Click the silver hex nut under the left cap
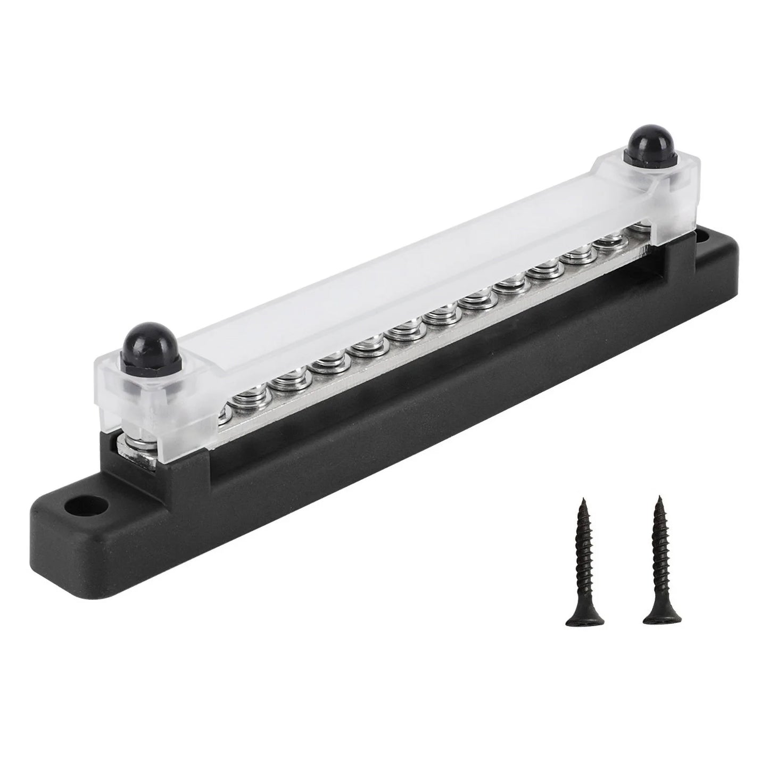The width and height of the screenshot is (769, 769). (136, 442)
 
